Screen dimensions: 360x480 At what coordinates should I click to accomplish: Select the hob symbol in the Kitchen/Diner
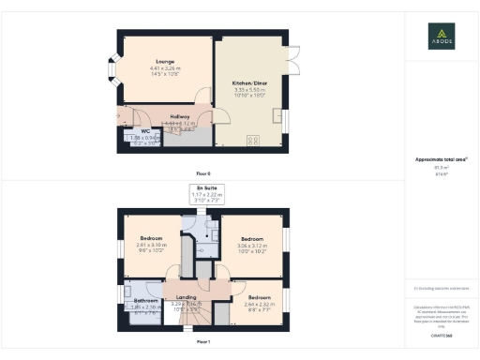(x=252, y=140)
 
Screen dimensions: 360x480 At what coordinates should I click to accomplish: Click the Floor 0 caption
(x=203, y=174)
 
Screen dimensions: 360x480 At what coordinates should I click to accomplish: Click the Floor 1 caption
(x=203, y=343)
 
